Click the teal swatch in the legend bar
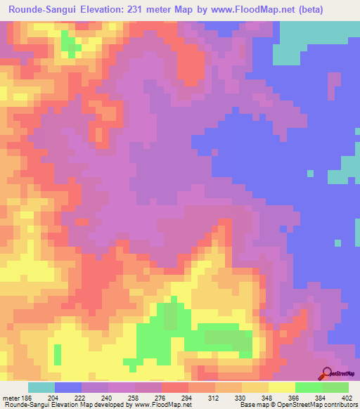coord(41,387)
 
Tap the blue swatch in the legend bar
coord(68,387)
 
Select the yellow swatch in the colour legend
coord(282,387)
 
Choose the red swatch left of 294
coord(175,387)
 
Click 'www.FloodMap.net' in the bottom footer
coord(159,405)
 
